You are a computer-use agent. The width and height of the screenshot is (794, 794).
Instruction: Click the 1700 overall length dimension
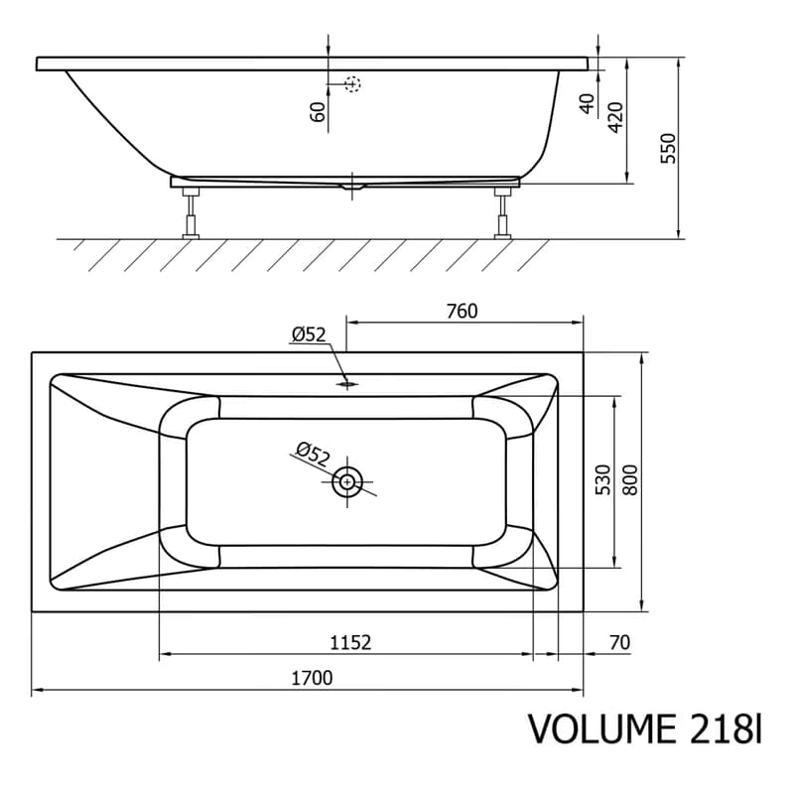[312, 678]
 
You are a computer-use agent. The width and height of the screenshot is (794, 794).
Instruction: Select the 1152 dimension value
[350, 642]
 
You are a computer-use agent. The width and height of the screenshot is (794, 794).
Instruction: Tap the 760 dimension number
[462, 311]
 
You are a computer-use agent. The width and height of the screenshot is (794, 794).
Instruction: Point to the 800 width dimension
[631, 479]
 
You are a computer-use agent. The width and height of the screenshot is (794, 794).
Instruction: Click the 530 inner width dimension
[603, 479]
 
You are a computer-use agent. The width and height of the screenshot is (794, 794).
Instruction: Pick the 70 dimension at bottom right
[619, 642]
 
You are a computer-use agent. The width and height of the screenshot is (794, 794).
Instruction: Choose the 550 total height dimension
[668, 148]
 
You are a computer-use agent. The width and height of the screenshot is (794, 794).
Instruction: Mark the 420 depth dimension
[615, 117]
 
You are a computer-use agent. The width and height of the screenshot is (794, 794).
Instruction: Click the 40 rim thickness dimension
[587, 104]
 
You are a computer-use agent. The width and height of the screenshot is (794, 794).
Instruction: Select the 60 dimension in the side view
[317, 112]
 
